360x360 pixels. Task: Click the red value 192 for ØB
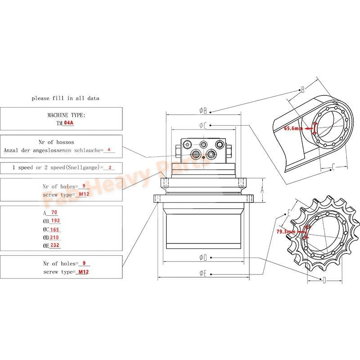coord(56,221)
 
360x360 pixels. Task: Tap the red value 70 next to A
coord(54,213)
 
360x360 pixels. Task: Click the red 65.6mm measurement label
coord(293,128)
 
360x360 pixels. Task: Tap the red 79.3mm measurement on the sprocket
coord(286,231)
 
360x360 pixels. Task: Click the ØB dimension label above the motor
coord(203,110)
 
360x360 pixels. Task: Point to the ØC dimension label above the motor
coord(203,126)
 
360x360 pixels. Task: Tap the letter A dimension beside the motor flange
coord(262,190)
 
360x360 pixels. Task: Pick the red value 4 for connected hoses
coord(108,150)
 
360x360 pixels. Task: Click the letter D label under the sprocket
coord(324,280)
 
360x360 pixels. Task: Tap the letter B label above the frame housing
coord(302,89)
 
